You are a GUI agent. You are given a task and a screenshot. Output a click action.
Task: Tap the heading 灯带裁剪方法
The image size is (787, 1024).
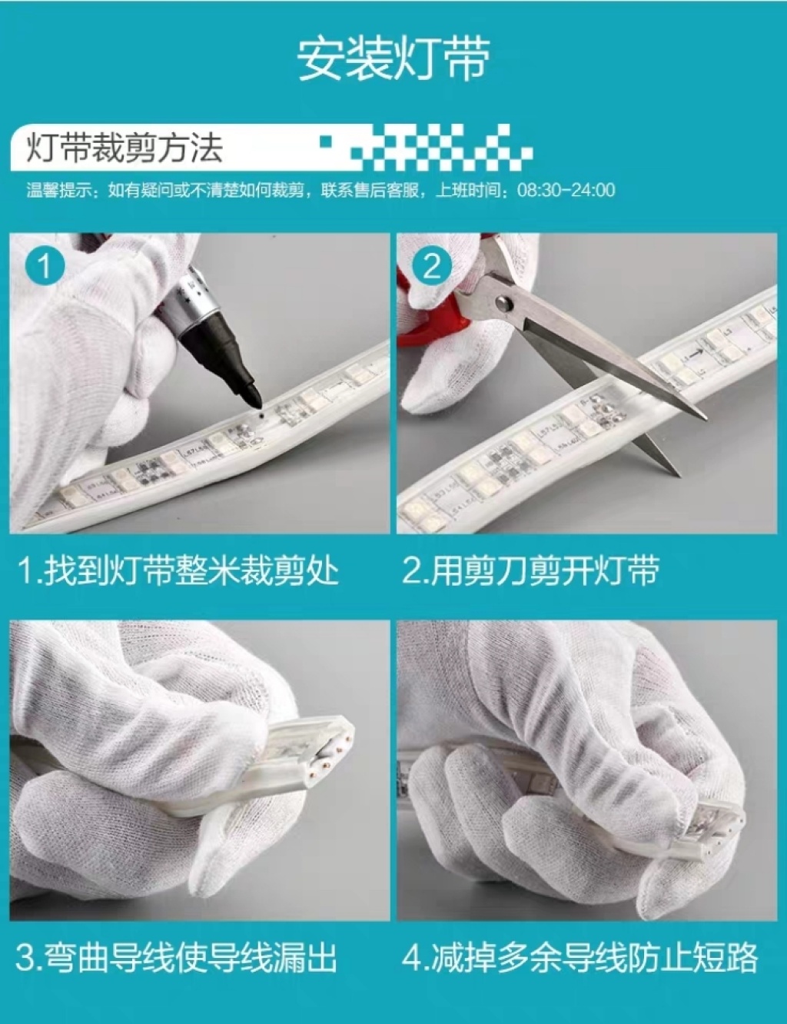tap(125, 148)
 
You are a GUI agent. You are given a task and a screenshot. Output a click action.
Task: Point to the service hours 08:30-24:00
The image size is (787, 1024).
tap(566, 191)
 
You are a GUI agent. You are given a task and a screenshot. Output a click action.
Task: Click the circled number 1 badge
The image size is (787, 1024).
tap(45, 266)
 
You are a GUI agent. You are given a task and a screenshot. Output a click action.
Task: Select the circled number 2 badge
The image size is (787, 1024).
tap(431, 267)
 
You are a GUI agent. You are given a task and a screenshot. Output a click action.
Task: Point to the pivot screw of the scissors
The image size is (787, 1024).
tap(504, 303)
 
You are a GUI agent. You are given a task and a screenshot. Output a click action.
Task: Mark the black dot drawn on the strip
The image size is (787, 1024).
tap(260, 416)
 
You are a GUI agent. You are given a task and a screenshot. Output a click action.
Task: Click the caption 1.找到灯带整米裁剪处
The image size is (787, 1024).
tap(178, 572)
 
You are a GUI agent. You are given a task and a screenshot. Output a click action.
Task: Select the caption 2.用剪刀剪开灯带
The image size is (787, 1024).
tap(530, 572)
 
